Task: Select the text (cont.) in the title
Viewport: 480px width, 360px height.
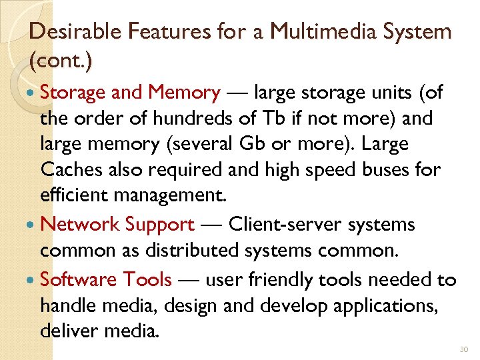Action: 61,61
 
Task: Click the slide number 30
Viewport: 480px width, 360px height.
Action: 464,349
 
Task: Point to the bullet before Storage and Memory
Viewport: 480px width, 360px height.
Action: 33,93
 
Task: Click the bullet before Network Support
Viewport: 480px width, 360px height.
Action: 33,225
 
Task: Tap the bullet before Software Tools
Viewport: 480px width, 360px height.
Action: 33,280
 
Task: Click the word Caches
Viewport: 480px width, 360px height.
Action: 69,170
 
